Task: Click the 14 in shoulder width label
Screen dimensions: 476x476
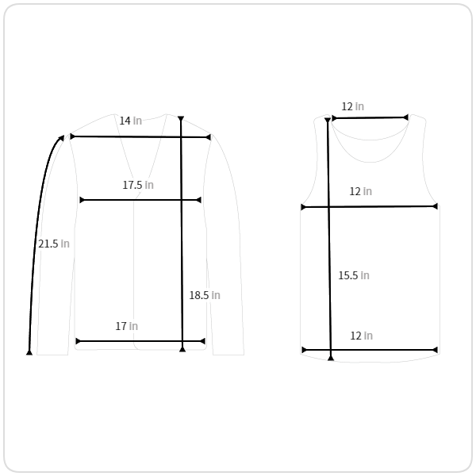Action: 131,121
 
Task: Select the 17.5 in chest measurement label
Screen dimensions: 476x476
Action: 138,185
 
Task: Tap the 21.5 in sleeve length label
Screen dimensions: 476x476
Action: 54,244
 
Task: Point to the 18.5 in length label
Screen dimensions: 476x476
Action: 205,295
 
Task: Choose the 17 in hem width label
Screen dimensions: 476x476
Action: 127,326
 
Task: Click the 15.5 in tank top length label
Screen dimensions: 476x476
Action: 354,275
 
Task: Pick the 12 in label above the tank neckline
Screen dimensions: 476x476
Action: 353,106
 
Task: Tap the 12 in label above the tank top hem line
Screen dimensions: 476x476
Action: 362,336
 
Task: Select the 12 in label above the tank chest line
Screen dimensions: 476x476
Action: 361,191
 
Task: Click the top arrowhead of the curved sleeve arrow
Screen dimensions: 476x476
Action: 61,138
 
